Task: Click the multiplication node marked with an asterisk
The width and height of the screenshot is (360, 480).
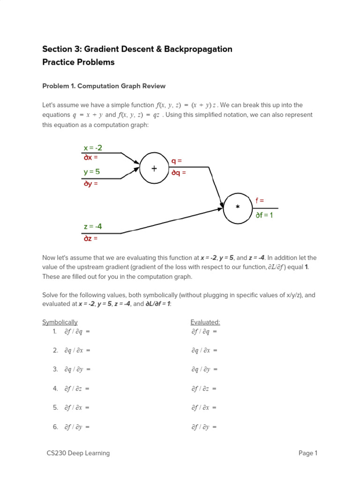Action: click(238, 207)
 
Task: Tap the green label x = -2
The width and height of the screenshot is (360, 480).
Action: click(93, 148)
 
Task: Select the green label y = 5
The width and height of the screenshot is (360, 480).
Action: click(92, 172)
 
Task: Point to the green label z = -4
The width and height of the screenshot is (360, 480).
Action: click(93, 226)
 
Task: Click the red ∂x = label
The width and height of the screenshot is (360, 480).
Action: click(91, 157)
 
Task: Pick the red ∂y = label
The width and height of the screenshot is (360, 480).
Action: click(91, 184)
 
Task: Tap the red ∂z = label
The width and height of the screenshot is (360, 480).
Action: click(91, 238)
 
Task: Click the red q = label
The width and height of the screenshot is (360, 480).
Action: click(177, 161)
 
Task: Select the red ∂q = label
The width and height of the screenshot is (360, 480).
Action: click(179, 172)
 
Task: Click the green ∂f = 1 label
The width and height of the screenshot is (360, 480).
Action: click(264, 215)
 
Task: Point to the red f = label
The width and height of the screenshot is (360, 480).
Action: click(260, 200)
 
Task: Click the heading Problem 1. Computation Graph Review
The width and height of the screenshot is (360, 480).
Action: click(104, 86)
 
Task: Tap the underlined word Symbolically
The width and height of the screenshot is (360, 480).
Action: click(60, 322)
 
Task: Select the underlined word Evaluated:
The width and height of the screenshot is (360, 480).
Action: click(205, 322)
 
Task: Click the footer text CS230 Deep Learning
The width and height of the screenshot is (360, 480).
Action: click(78, 453)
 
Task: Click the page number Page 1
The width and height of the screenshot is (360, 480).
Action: click(308, 453)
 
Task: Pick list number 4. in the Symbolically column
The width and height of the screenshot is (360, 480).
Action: click(55, 389)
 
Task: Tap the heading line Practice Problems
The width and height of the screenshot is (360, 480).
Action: click(78, 62)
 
